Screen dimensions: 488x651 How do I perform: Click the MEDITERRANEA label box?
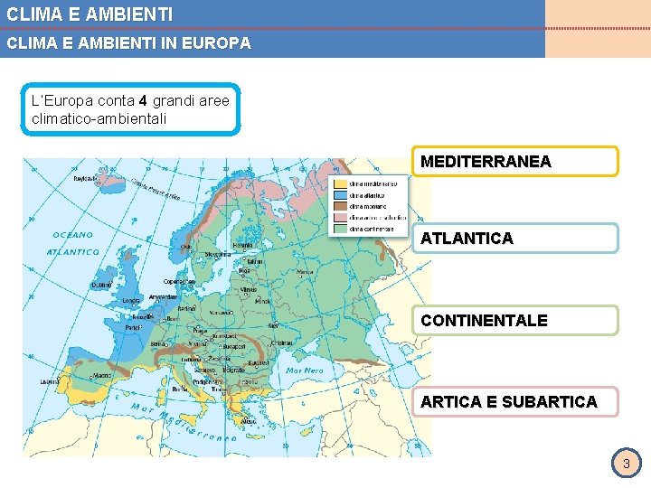coord(514,162)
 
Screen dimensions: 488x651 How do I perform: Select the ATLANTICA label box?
coord(514,239)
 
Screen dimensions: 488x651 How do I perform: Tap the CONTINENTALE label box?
coord(514,320)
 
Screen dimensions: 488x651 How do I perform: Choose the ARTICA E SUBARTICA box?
coord(514,401)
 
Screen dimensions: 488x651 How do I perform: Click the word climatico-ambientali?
coord(99,118)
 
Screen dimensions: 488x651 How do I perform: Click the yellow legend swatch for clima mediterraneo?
coord(341,183)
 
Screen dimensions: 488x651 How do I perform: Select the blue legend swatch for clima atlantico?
coord(341,194)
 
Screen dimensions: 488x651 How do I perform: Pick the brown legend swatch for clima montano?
coord(341,206)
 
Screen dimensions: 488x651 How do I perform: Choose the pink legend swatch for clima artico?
coord(341,217)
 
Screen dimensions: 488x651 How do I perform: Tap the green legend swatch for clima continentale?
coord(341,229)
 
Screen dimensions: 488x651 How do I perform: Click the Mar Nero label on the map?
coord(304,371)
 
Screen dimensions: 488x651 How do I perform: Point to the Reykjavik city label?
coord(86,179)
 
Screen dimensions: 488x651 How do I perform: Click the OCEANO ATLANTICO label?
coord(72,243)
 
